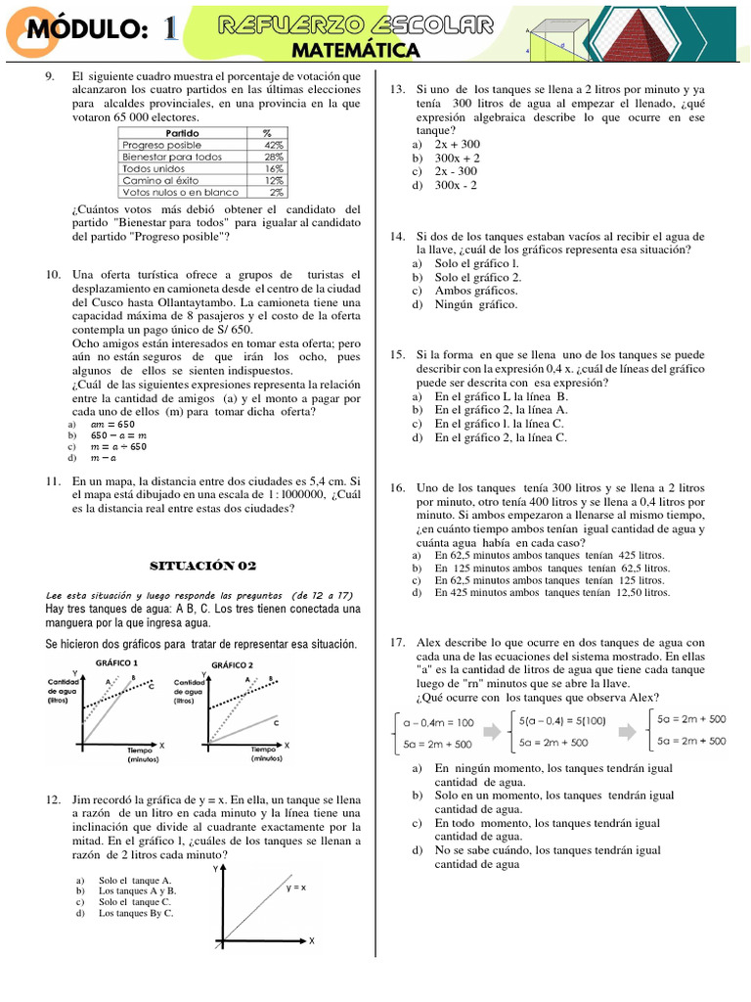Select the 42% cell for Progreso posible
[273, 144]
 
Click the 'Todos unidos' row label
[154, 167]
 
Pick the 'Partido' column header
[182, 132]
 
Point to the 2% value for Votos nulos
[276, 192]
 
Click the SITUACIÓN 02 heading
[202, 565]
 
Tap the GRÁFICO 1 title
[115, 663]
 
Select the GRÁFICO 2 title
[232, 664]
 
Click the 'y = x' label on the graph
[295, 888]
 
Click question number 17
[397, 642]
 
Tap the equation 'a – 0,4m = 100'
[438, 722]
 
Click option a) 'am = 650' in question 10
[108, 426]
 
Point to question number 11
[54, 481]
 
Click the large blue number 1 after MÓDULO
[169, 31]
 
